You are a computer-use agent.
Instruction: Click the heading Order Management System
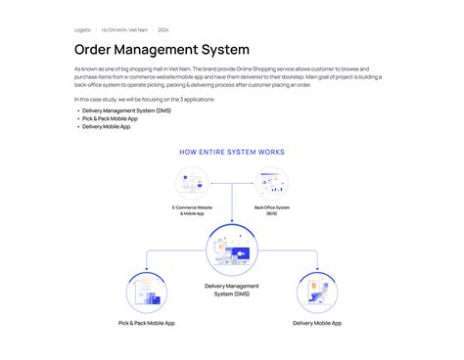tap(162, 49)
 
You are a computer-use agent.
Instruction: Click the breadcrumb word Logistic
tap(82, 30)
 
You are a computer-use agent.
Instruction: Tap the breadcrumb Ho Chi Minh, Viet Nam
tap(124, 30)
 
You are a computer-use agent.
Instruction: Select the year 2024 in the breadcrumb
tap(163, 30)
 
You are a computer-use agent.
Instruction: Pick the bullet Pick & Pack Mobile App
tap(110, 118)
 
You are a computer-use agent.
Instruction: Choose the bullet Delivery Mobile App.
tap(106, 126)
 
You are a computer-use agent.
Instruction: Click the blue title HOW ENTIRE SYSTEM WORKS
tap(232, 152)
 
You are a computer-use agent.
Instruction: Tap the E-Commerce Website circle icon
tap(193, 184)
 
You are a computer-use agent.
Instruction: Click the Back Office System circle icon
tap(271, 184)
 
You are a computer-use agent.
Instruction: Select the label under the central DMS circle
tap(232, 290)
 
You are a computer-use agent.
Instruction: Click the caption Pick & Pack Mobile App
tap(147, 323)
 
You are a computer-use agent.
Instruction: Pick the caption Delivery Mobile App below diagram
tap(317, 323)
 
